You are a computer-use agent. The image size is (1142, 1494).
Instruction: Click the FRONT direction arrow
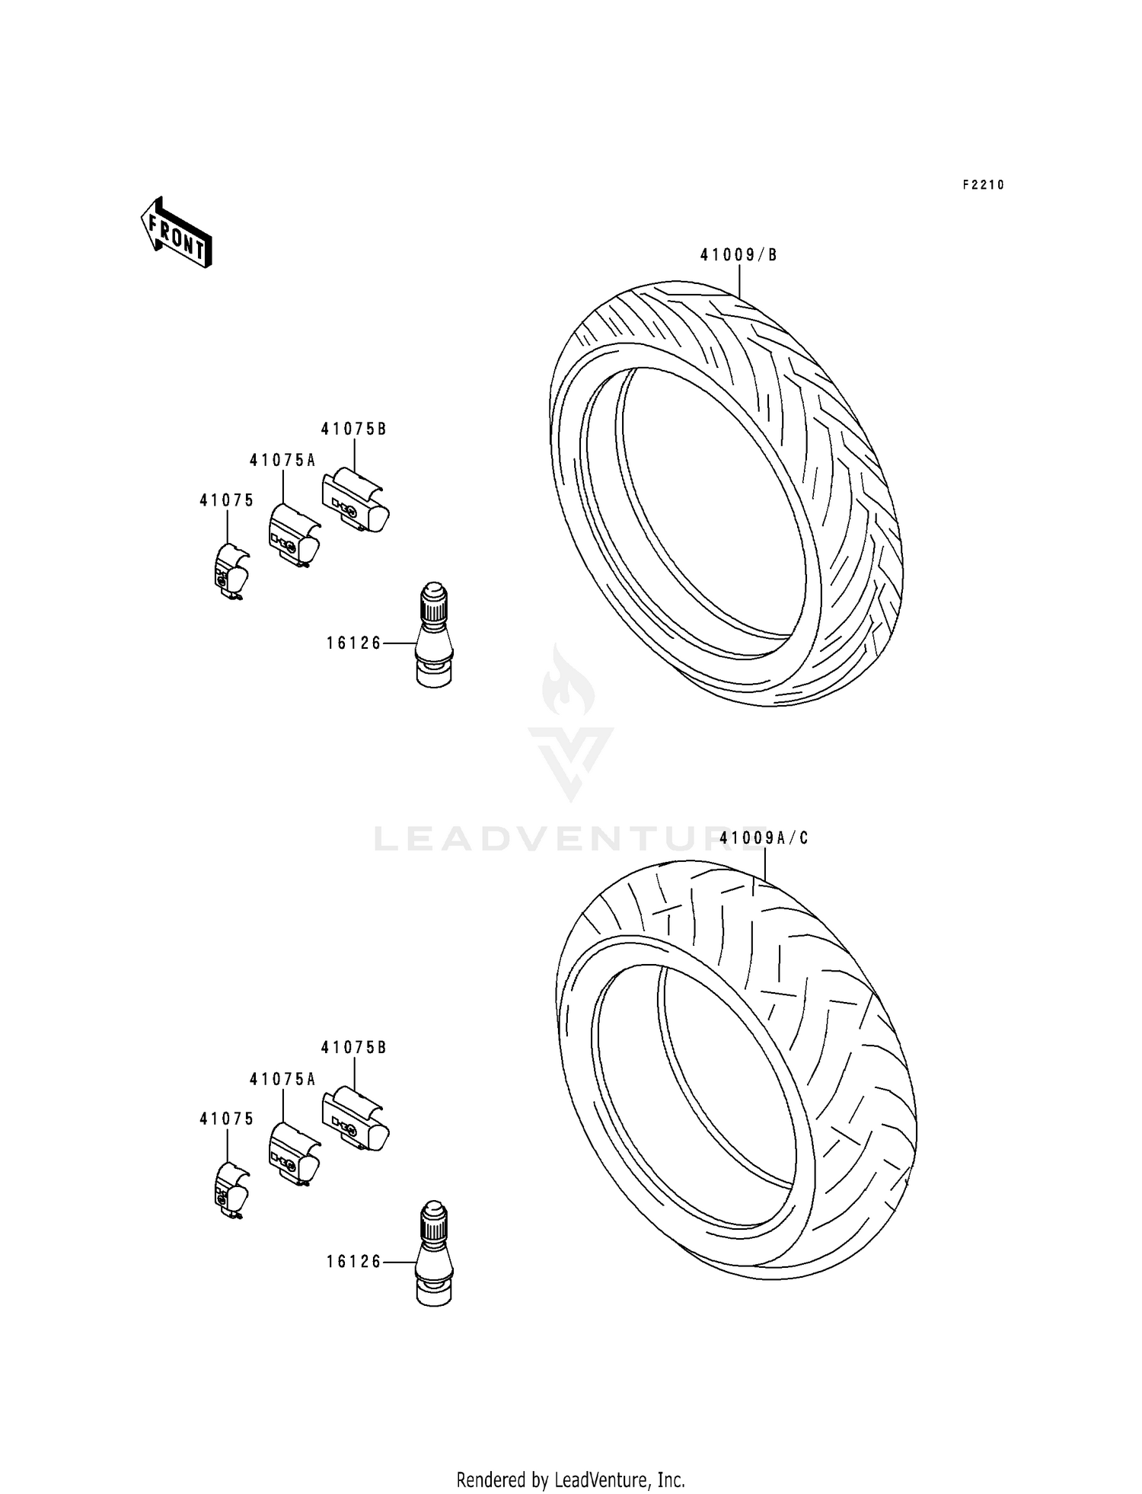(x=176, y=233)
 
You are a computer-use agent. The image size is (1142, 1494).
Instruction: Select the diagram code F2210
(x=983, y=185)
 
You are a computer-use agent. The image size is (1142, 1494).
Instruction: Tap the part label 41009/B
(x=738, y=255)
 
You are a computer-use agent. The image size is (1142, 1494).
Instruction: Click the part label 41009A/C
(x=764, y=838)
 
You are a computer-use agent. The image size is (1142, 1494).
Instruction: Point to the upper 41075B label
(x=353, y=429)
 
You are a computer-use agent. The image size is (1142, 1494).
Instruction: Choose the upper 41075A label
(x=282, y=461)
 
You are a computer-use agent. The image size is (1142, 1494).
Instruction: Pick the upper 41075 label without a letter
(x=227, y=500)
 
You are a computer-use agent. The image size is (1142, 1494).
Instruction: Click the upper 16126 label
(x=353, y=643)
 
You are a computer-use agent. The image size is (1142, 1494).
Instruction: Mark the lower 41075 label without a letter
(x=227, y=1119)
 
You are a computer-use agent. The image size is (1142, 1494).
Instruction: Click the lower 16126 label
(x=353, y=1263)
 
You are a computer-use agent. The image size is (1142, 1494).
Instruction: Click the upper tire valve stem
(x=435, y=634)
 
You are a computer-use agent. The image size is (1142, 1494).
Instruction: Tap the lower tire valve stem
(x=435, y=1253)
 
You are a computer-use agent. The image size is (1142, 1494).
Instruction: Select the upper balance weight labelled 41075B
(x=355, y=501)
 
